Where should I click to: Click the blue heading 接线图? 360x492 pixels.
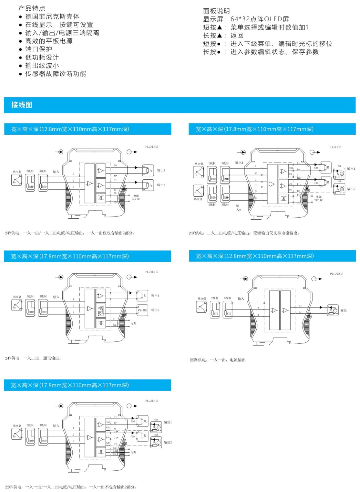(x=22, y=105)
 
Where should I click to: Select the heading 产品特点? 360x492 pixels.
(x=32, y=8)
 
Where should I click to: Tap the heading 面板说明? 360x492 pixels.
(x=216, y=11)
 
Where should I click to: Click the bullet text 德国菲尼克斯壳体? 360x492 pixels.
(x=52, y=16)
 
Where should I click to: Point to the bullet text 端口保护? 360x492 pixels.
(x=39, y=49)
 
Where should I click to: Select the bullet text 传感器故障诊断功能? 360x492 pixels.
(x=56, y=74)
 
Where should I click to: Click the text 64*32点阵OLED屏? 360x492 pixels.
(x=260, y=19)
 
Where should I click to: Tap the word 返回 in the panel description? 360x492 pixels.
(x=237, y=36)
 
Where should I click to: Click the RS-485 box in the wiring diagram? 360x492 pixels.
(x=142, y=310)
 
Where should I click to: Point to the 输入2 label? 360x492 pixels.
(x=238, y=208)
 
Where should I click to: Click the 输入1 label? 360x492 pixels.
(x=239, y=162)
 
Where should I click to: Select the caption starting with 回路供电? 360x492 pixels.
(x=218, y=360)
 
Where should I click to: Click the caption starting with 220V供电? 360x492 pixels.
(x=71, y=487)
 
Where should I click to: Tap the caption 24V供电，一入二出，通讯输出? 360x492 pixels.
(x=33, y=358)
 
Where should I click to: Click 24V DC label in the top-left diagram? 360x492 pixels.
(x=136, y=199)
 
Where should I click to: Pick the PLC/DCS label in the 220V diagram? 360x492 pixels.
(x=151, y=401)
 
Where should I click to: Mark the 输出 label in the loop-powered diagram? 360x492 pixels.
(x=344, y=310)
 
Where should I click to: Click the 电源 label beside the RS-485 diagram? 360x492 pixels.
(x=133, y=323)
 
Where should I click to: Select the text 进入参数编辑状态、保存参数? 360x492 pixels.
(x=274, y=52)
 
